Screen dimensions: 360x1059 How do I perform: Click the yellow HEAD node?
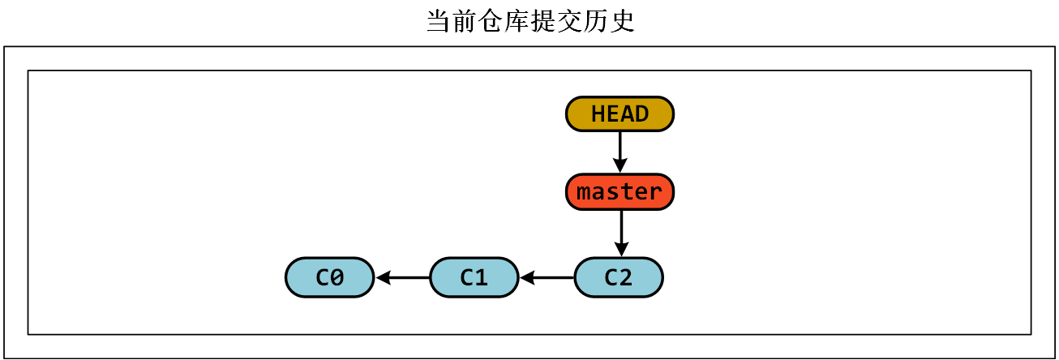pyautogui.click(x=620, y=114)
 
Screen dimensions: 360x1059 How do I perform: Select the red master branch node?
pyautogui.click(x=620, y=192)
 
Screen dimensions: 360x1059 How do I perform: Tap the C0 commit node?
pyautogui.click(x=329, y=277)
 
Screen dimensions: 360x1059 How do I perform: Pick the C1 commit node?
pyautogui.click(x=474, y=277)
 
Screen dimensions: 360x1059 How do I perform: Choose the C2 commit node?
pyautogui.click(x=618, y=277)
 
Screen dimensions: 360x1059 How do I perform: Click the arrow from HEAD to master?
pyautogui.click(x=620, y=152)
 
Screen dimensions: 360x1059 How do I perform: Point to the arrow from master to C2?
pyautogui.click(x=620, y=234)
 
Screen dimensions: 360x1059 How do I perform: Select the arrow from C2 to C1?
pyautogui.click(x=547, y=278)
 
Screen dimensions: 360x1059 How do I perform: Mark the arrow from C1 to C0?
pyautogui.click(x=402, y=278)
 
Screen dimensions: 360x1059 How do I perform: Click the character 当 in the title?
pyautogui.click(x=439, y=22)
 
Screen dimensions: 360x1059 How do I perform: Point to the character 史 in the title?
pyautogui.click(x=623, y=22)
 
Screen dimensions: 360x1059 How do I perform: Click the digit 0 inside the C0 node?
pyautogui.click(x=337, y=277)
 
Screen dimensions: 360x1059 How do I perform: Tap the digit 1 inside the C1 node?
pyautogui.click(x=481, y=277)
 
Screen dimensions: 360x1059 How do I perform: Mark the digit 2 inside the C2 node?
pyautogui.click(x=625, y=277)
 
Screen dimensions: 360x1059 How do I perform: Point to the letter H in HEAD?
pyautogui.click(x=598, y=114)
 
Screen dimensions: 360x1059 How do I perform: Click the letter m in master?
pyautogui.click(x=584, y=193)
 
